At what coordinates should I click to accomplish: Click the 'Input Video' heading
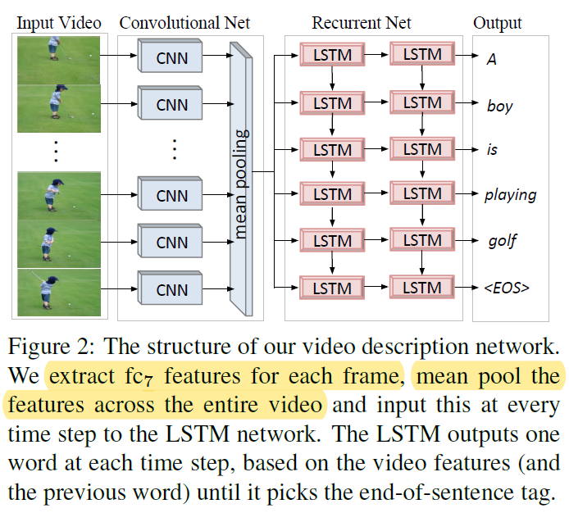click(59, 23)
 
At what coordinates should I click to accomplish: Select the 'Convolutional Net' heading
click(184, 23)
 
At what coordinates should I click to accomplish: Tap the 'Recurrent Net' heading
click(362, 23)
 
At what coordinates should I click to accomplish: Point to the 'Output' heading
click(497, 24)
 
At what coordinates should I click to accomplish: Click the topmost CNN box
click(171, 57)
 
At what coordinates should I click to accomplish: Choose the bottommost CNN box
click(171, 288)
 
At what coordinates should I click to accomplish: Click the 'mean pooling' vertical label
click(240, 184)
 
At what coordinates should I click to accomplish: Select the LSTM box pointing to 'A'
click(422, 54)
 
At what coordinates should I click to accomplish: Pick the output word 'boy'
click(499, 107)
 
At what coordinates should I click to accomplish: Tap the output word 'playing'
click(511, 195)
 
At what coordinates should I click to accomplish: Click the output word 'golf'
click(503, 241)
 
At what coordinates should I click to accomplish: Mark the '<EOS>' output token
click(507, 288)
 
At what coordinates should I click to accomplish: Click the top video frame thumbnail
click(59, 60)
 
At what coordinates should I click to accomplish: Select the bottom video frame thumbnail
click(59, 293)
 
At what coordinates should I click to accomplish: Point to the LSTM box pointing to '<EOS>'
click(422, 287)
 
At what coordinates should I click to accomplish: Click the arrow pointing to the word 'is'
click(467, 149)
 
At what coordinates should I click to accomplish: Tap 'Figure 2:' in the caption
click(51, 346)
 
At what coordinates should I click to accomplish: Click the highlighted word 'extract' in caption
click(82, 376)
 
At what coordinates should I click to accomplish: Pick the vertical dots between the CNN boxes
click(175, 149)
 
